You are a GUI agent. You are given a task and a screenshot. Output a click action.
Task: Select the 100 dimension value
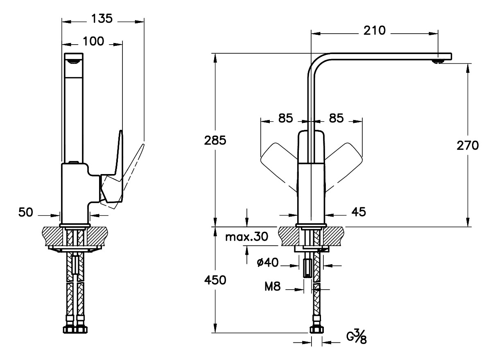(93, 41)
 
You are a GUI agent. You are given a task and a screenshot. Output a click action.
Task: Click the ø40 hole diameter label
(268, 263)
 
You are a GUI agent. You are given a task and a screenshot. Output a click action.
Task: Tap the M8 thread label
(272, 288)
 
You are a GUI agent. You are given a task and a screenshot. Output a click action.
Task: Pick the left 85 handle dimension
(285, 118)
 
